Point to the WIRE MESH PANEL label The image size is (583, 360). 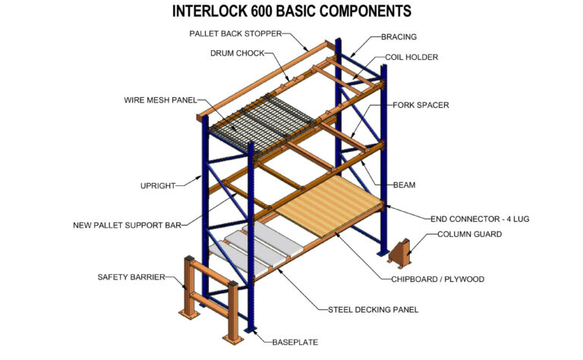[161, 100]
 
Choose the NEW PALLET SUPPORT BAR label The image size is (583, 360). [130, 225]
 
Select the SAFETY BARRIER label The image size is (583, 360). [132, 276]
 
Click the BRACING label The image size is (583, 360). [399, 36]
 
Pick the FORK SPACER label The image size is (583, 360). [421, 105]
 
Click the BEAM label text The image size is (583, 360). [405, 185]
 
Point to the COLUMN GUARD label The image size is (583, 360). [469, 235]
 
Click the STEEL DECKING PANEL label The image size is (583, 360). [373, 309]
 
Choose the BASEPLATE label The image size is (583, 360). [295, 343]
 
